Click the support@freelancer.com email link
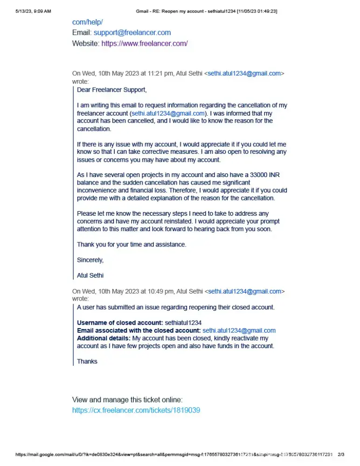point(132,33)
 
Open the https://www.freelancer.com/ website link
point(145,43)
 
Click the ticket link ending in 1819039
point(136,411)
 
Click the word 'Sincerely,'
point(90,260)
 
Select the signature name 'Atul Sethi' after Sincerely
point(90,275)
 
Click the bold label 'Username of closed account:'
point(120,323)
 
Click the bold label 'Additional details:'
point(104,338)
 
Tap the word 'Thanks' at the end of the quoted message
point(87,362)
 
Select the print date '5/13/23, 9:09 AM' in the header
point(33,11)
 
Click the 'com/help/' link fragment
point(87,22)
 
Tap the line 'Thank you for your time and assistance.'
point(132,245)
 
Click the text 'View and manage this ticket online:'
point(127,400)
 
